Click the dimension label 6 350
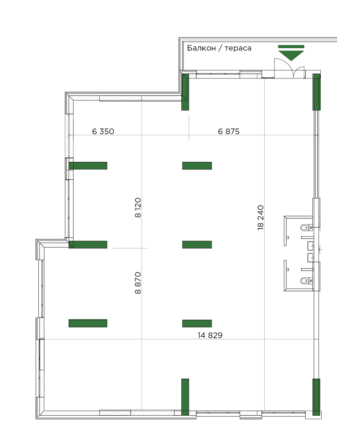tap(103, 132)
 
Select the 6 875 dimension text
tap(229, 132)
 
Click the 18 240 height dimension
tap(261, 217)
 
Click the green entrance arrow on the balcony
tap(291, 52)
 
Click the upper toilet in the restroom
tap(305, 228)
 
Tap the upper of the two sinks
tap(310, 245)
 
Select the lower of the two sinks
tap(310, 257)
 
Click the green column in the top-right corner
tap(316, 92)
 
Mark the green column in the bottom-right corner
tap(316, 397)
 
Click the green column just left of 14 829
tap(197, 323)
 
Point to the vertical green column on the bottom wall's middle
tap(185, 397)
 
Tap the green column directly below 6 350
tap(88, 166)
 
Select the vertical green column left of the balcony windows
tap(185, 92)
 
